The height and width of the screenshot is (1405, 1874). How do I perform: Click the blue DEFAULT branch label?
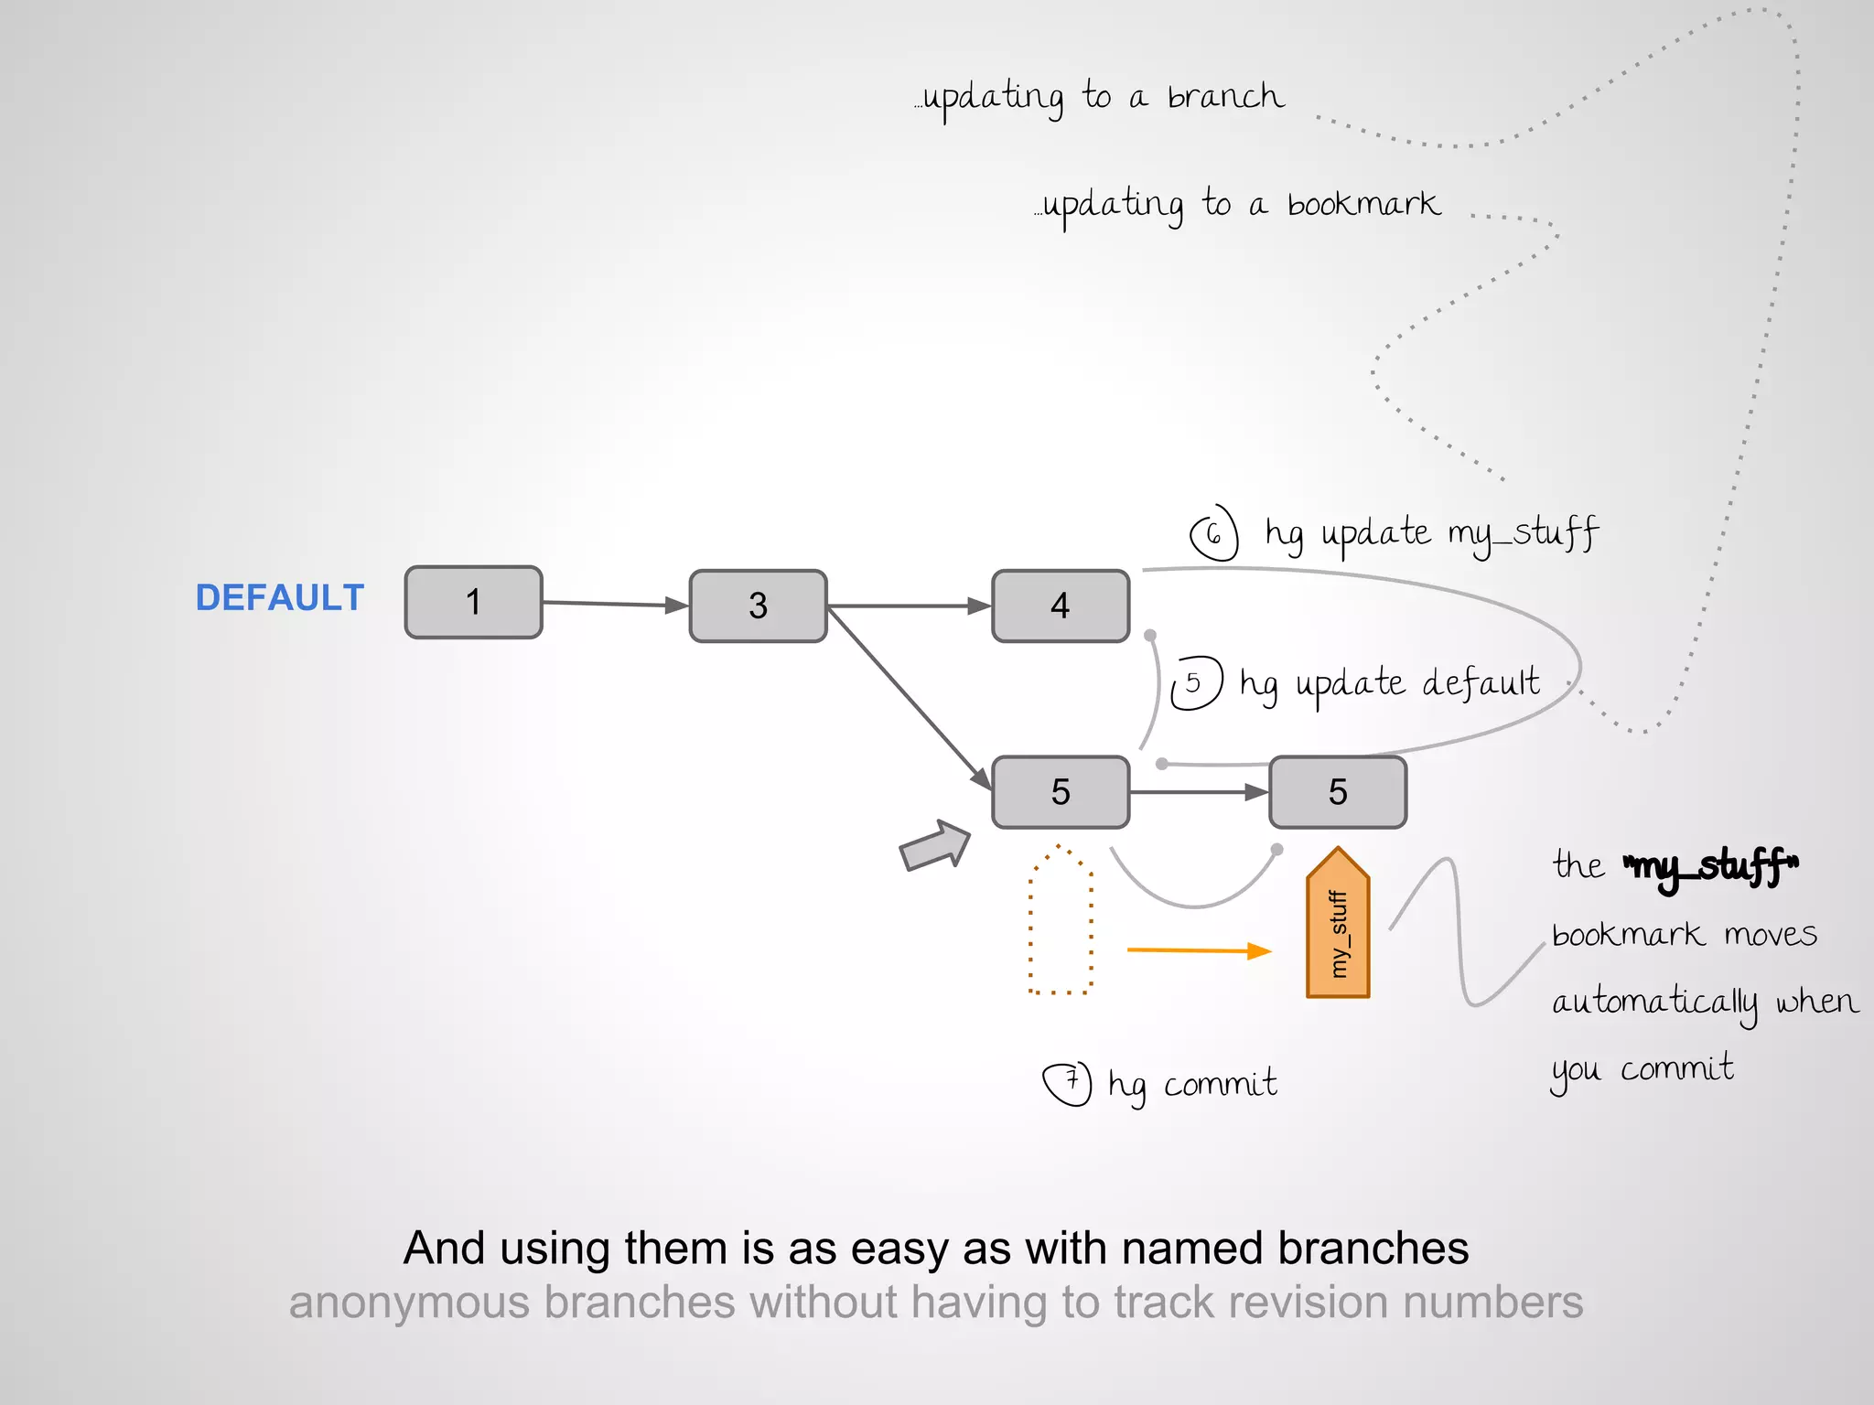pos(279,598)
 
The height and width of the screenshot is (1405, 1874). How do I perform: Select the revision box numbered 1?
pos(473,602)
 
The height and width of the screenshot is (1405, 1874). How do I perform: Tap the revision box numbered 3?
pos(758,606)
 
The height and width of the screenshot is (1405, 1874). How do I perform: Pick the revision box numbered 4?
pos(1061,606)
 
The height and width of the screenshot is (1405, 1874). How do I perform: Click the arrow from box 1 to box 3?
pos(613,604)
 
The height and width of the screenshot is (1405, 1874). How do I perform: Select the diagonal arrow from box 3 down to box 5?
pos(906,695)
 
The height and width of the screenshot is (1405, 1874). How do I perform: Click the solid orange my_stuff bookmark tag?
pos(1337,924)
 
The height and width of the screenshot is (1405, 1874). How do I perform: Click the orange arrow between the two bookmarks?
pos(1199,950)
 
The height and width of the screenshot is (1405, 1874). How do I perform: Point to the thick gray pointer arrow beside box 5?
pos(933,845)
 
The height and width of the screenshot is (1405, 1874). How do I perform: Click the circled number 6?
pos(1213,533)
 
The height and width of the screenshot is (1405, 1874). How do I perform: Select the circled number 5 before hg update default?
pos(1195,682)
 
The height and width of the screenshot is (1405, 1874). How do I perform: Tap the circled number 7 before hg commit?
pos(1068,1083)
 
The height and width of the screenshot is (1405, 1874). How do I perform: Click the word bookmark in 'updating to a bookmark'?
pos(1363,204)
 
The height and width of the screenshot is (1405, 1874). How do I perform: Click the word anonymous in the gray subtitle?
pos(409,1303)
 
